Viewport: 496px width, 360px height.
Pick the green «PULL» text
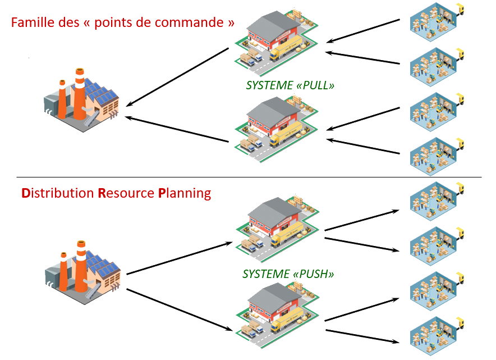click(x=315, y=86)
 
